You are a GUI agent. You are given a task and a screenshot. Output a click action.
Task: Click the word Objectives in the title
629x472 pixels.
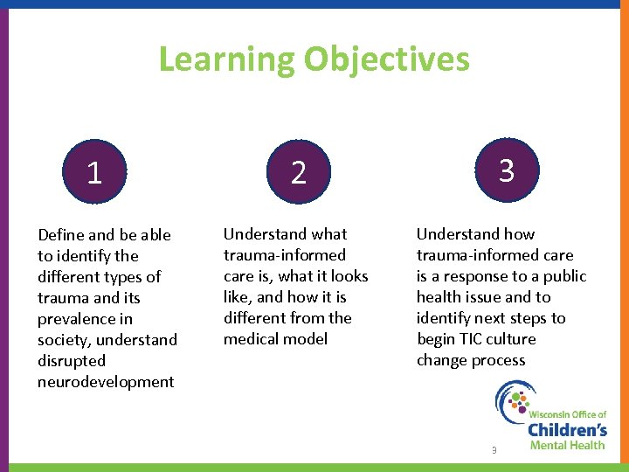(387, 60)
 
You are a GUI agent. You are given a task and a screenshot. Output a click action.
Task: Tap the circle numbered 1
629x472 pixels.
(94, 172)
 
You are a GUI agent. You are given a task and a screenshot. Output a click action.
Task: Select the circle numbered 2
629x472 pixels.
(299, 172)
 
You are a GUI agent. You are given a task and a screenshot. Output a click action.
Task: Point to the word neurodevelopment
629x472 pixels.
(106, 382)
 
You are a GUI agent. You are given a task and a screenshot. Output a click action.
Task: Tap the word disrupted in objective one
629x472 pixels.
(72, 361)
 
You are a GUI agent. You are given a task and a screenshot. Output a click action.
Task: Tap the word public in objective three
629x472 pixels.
(563, 276)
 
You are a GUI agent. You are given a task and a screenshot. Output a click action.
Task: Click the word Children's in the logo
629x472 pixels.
(567, 429)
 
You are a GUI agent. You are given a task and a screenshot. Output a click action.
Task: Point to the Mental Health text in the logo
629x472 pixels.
(567, 445)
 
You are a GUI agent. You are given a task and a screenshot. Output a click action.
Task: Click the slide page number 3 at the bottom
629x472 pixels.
(494, 450)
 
